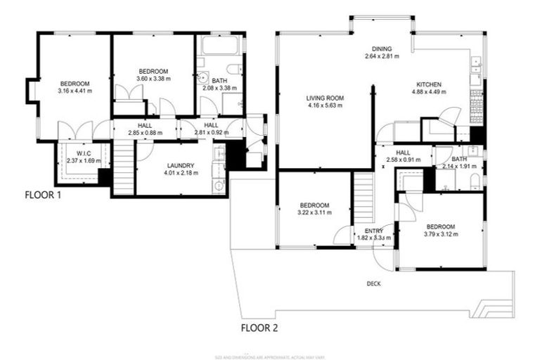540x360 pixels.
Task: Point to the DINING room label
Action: tap(382, 49)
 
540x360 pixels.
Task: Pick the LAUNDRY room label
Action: tap(179, 166)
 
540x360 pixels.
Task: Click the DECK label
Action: tap(373, 284)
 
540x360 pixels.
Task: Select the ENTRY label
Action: tap(373, 231)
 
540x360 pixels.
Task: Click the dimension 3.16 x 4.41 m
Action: tap(75, 91)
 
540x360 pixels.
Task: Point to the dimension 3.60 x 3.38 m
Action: tap(153, 79)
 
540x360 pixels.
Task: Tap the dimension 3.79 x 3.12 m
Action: tap(441, 233)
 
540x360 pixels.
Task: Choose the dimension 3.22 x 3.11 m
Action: tap(316, 212)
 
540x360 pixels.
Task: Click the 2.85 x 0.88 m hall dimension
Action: tap(145, 132)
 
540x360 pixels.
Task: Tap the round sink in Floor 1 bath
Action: tap(202, 79)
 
